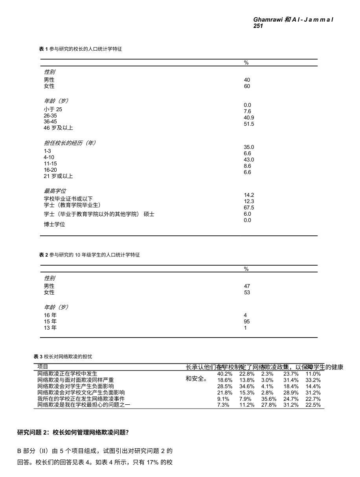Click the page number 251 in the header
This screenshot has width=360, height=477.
tap(258, 26)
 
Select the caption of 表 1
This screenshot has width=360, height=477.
tap(81, 49)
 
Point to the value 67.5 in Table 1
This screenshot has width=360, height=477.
tap(249, 207)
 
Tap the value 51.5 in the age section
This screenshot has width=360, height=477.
tap(249, 124)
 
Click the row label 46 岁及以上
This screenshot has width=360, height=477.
tap(58, 128)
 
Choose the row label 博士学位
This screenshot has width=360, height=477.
tap(54, 224)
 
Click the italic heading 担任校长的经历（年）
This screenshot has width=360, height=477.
tap(70, 143)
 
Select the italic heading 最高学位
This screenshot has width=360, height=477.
tap(55, 191)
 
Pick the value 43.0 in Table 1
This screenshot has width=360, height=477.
tap(249, 160)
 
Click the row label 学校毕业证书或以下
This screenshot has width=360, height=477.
tap(68, 199)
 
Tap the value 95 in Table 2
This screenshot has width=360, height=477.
tap(247, 321)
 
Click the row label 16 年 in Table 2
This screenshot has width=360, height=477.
tap(50, 315)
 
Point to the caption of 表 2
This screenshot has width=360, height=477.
tap(89, 255)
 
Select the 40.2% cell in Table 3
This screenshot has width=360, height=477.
tap(224, 374)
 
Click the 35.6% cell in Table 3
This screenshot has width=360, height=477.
tap(269, 399)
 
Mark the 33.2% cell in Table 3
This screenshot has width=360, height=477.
tap(313, 380)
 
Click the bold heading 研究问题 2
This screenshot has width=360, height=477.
tap(73, 433)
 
